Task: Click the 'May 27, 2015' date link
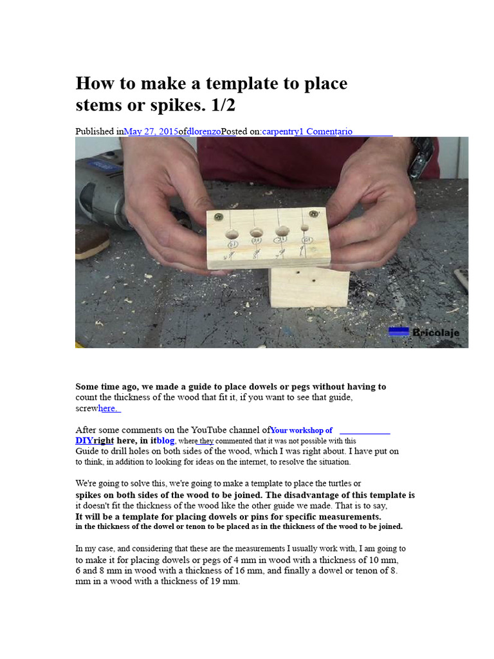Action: pyautogui.click(x=151, y=131)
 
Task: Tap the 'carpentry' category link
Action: pyautogui.click(x=281, y=131)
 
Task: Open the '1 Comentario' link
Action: pyautogui.click(x=326, y=131)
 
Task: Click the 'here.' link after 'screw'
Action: pyautogui.click(x=109, y=408)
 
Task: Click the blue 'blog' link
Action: pyautogui.click(x=165, y=440)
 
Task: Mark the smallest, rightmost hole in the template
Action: pyautogui.click(x=305, y=227)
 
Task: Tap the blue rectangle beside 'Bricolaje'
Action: pyautogui.click(x=399, y=331)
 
